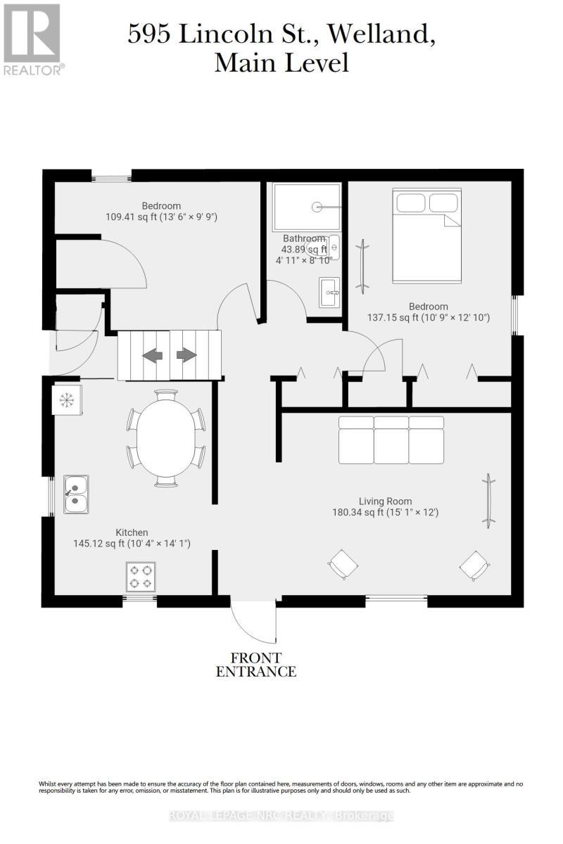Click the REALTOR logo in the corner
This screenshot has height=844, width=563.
pos(33,39)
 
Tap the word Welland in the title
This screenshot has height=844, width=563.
pos(390,34)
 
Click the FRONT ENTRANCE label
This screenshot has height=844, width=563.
pos(255,665)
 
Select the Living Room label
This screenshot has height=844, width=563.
pos(385,501)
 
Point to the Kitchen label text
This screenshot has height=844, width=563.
pos(132,532)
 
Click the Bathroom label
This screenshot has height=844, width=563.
pos(304,238)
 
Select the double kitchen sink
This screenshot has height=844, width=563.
pos(75,494)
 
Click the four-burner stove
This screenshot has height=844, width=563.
pos(140,576)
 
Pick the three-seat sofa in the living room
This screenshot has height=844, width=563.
pos(391,440)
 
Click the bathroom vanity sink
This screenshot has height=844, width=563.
pos(329,292)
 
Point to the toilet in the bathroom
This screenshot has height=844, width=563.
pos(334,247)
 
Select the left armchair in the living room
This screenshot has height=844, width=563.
pos(343,563)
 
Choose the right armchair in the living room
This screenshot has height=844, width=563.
pos(474,563)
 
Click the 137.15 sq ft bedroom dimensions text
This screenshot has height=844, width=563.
pos(428,317)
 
